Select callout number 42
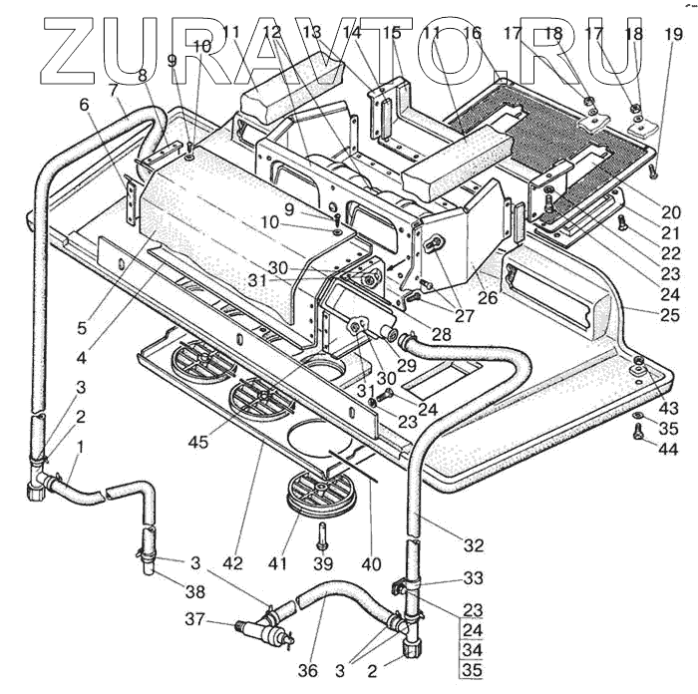coord(232,563)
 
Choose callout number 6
coord(84,104)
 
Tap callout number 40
coord(371,564)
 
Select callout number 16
coord(472,34)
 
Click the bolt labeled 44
coord(636,433)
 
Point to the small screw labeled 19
coord(652,172)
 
